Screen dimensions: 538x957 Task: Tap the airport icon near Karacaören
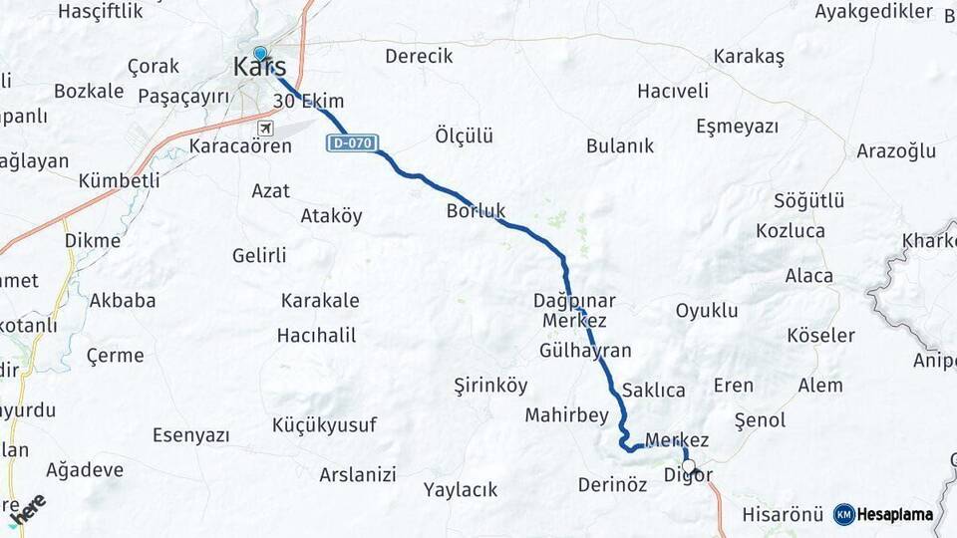265,129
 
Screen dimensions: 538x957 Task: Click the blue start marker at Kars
260,55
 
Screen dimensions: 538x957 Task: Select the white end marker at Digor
689,465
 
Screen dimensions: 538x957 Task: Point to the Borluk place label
477,211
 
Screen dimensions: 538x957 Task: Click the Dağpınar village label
575,300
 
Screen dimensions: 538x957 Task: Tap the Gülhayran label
585,351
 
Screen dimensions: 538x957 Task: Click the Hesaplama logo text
896,514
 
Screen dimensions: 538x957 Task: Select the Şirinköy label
490,385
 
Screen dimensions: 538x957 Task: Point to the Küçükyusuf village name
325,425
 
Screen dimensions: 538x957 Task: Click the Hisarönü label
783,515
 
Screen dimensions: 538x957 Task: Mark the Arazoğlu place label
896,151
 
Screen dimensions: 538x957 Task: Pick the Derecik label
419,56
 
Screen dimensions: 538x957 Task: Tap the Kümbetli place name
119,180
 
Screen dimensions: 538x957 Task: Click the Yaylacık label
461,490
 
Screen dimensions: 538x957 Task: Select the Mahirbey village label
566,414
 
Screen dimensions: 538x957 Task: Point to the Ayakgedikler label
873,12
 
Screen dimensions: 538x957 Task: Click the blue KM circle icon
844,514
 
